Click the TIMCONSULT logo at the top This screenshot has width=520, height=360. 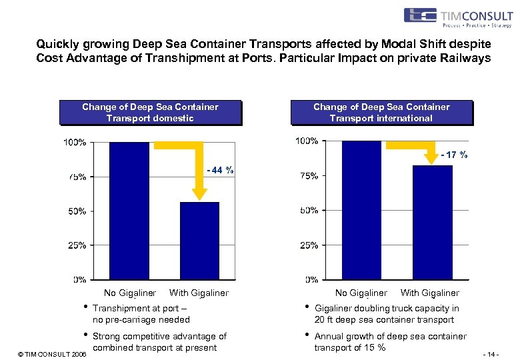pyautogui.click(x=457, y=17)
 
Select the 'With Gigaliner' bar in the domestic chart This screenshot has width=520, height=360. pyautogui.click(x=199, y=241)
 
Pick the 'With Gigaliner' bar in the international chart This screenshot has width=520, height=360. pyautogui.click(x=433, y=222)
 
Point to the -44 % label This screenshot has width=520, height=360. pyautogui.click(x=220, y=170)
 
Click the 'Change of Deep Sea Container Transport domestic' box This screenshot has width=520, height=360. pyautogui.click(x=150, y=112)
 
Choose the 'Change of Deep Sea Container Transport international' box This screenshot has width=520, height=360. pyautogui.click(x=381, y=112)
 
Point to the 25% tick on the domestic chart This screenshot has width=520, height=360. pyautogui.click(x=75, y=245)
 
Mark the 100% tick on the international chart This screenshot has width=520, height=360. pyautogui.click(x=306, y=141)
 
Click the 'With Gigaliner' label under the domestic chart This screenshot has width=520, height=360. pyautogui.click(x=199, y=293)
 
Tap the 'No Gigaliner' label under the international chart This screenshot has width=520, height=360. pyautogui.click(x=361, y=293)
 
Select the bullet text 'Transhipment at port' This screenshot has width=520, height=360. pyautogui.click(x=141, y=314)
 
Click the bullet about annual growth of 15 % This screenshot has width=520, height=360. pyautogui.click(x=390, y=342)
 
